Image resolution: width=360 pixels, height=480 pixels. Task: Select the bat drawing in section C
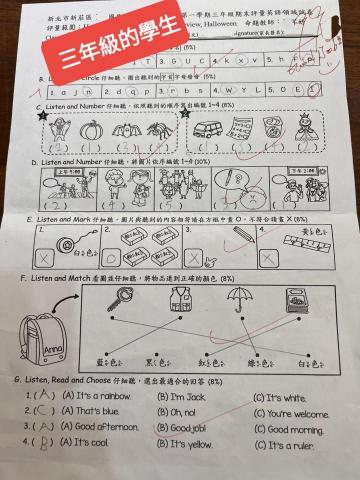pyautogui.click(x=124, y=130)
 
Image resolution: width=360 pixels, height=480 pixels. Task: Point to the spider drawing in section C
pyautogui.click(x=160, y=130)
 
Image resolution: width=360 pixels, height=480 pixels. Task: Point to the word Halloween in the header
pyautogui.click(x=231, y=28)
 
